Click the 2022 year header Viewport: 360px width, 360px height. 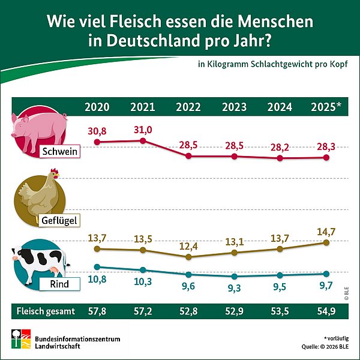click(x=188, y=107)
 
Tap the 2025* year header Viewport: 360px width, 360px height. click(x=326, y=107)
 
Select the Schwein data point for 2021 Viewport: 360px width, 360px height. click(x=143, y=140)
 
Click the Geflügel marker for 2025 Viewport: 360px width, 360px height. click(x=326, y=242)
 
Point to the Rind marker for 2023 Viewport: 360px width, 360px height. click(x=235, y=277)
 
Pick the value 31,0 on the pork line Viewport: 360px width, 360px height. click(x=143, y=129)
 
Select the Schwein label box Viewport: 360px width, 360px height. click(x=59, y=152)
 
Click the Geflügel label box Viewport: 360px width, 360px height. click(x=59, y=220)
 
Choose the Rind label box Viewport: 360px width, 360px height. click(x=59, y=284)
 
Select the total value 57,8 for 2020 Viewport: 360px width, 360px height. click(x=97, y=311)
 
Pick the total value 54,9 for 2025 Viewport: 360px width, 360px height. click(x=326, y=311)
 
